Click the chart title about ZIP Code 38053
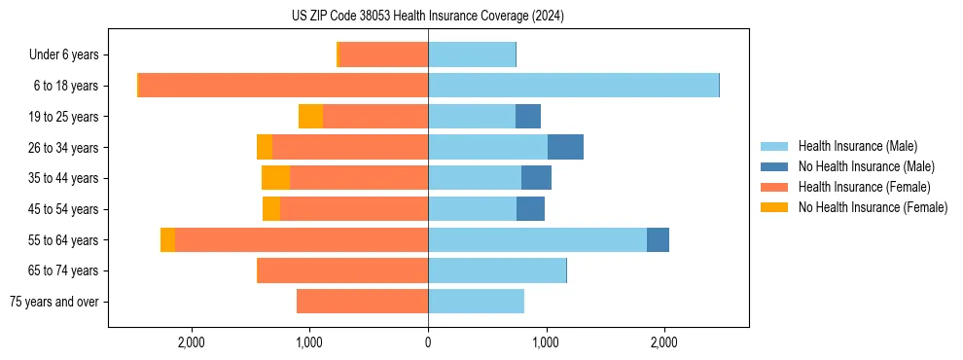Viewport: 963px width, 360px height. tap(427, 16)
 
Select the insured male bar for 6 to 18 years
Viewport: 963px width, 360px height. tap(573, 86)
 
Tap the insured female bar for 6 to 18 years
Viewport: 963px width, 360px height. tap(283, 86)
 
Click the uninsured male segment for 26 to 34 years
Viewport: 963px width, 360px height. tap(565, 147)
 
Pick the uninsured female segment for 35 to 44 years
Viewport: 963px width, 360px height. tap(275, 178)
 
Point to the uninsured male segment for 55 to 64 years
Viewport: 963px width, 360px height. tap(658, 240)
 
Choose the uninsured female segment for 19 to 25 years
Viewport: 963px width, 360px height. tap(310, 117)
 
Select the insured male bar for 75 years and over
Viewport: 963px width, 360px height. tap(476, 302)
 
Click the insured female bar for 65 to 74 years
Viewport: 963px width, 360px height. tap(342, 270)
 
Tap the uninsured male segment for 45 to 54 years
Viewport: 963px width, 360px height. tap(530, 209)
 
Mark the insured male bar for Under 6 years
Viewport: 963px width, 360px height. tap(471, 54)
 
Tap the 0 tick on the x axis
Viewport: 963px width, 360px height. tap(428, 342)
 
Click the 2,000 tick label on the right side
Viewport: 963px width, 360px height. tap(664, 342)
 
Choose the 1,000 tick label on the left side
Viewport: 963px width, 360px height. tap(309, 342)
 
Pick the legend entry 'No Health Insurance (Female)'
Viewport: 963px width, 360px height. tap(873, 207)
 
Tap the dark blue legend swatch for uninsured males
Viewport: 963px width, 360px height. tap(774, 166)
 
